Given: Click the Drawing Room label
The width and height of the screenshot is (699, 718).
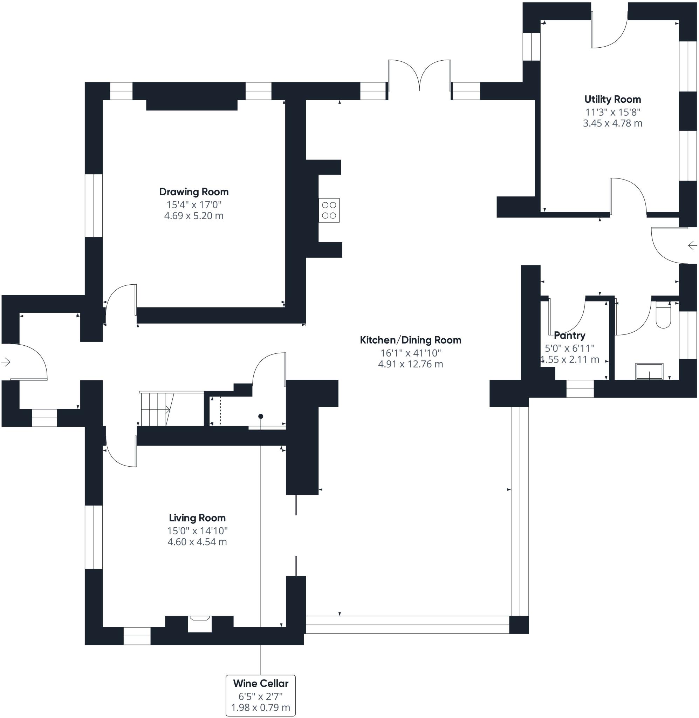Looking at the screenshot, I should tap(194, 192).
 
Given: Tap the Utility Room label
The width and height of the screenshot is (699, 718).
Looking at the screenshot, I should tap(612, 99).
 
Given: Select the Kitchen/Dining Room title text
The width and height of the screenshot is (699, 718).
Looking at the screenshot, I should tap(410, 340).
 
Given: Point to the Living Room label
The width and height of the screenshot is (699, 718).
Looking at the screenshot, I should tap(197, 518).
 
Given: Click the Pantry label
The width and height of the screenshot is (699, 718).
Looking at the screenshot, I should tap(569, 335).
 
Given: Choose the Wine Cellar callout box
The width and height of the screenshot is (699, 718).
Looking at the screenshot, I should tap(261, 695).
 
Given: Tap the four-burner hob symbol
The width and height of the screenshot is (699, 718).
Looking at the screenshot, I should tap(329, 210).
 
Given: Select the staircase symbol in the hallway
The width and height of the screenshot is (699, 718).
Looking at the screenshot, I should tap(156, 409).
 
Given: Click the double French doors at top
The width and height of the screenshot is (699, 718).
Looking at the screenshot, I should tap(419, 75).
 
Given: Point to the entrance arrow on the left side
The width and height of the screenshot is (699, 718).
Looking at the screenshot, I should tap(6, 362).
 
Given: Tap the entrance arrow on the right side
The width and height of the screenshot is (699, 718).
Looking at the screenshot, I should tap(692, 245).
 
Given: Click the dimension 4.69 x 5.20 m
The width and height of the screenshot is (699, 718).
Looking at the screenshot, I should tap(194, 216).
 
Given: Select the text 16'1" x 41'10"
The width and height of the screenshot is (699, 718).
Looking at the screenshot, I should tap(410, 353).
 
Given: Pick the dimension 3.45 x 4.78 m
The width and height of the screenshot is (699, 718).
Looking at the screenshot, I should tap(612, 123).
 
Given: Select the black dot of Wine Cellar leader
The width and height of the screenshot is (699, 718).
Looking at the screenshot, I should tap(261, 416).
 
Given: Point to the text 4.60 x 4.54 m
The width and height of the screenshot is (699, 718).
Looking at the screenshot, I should tap(197, 542).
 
